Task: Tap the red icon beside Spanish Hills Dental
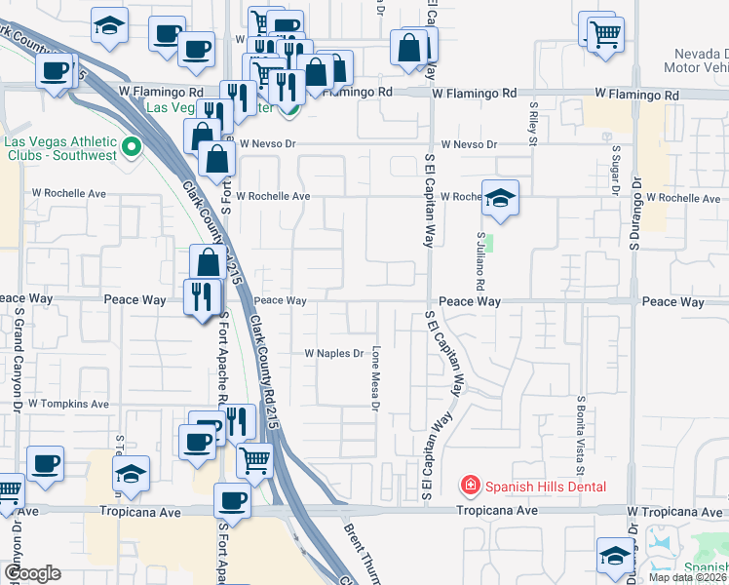[x=470, y=486]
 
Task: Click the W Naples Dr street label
[x=333, y=353]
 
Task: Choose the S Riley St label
[x=533, y=122]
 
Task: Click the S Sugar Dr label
[x=616, y=166]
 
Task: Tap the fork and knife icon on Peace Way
[x=202, y=295]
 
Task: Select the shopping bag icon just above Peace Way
[x=209, y=261]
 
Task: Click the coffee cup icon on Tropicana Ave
[x=232, y=500]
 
